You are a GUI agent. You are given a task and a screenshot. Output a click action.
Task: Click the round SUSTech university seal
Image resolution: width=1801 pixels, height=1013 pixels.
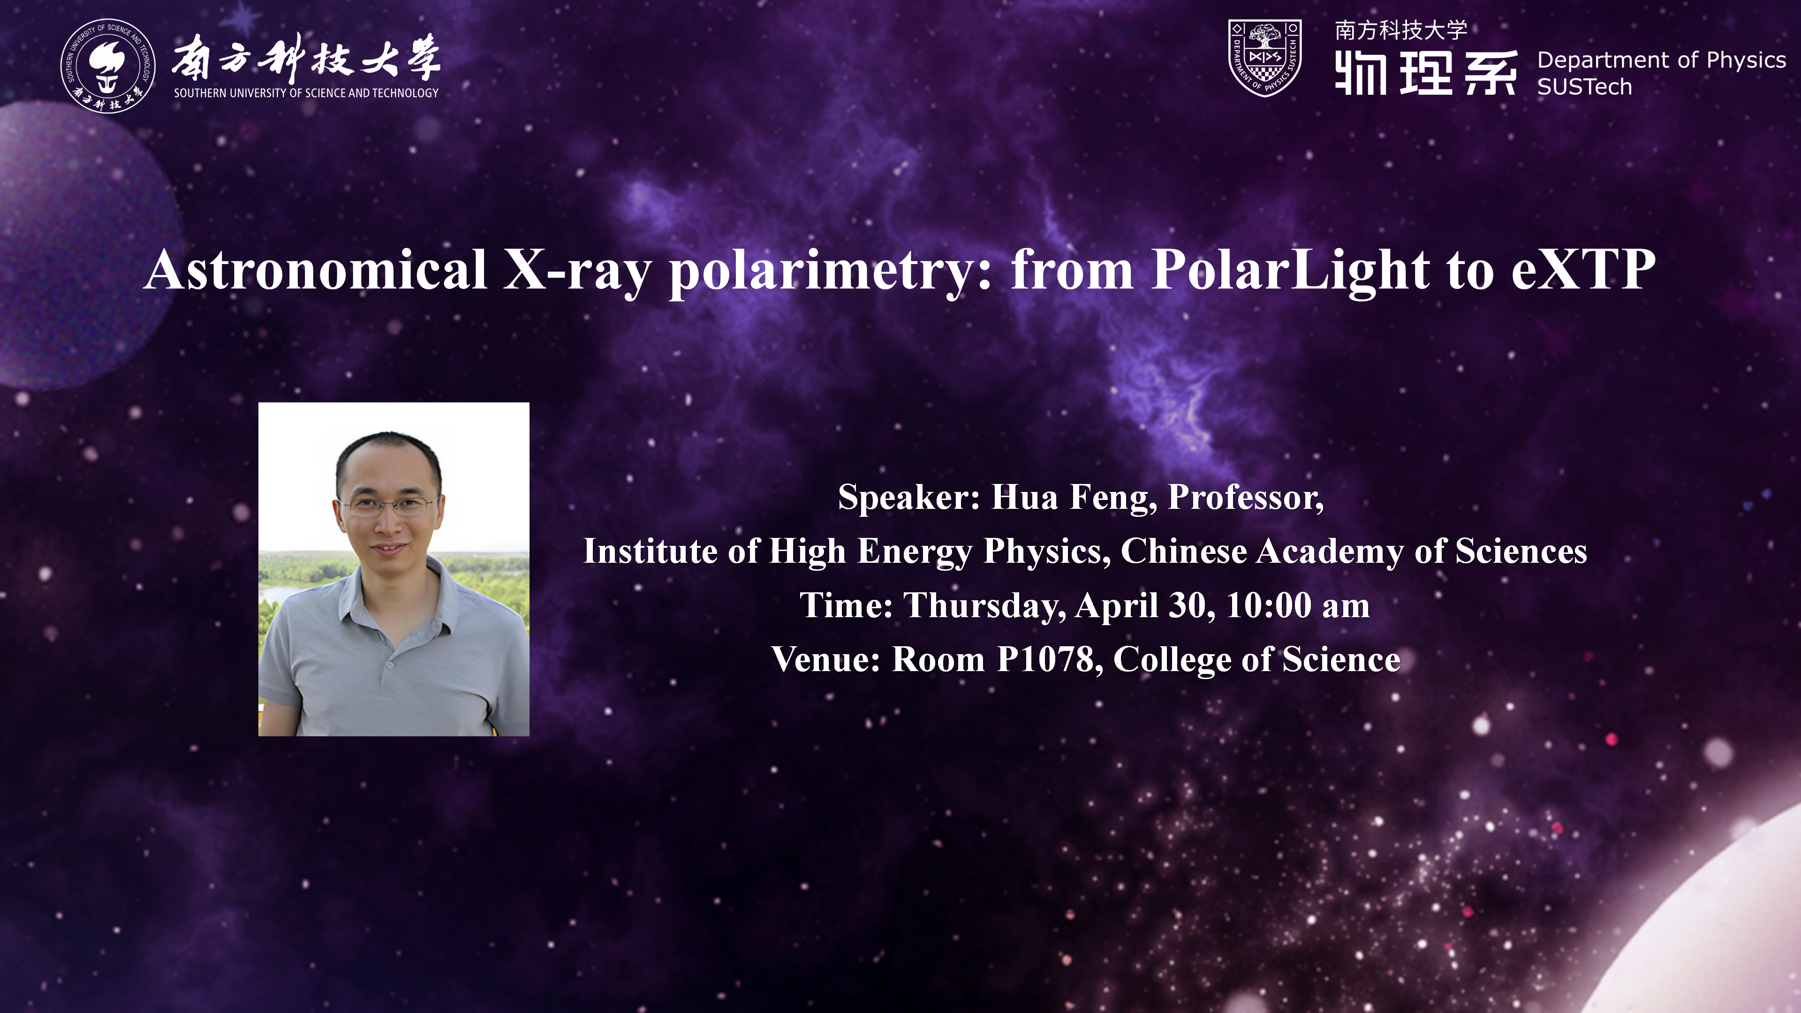pyautogui.click(x=108, y=66)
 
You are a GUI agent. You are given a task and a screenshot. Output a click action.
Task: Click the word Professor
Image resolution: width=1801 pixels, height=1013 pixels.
pyautogui.click(x=1246, y=497)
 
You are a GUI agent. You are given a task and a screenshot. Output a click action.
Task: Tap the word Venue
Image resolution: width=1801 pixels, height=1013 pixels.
pyautogui.click(x=825, y=659)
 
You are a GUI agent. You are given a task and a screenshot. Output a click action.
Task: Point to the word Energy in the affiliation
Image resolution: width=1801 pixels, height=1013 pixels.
pyautogui.click(x=915, y=552)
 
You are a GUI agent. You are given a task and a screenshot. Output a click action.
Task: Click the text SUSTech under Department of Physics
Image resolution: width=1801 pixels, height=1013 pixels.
pyautogui.click(x=1584, y=87)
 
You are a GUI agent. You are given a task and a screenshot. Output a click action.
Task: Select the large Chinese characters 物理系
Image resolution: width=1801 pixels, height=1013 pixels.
pyautogui.click(x=1426, y=72)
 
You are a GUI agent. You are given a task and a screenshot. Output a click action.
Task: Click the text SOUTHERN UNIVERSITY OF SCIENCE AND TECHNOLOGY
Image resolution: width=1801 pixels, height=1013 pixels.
pyautogui.click(x=306, y=93)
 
